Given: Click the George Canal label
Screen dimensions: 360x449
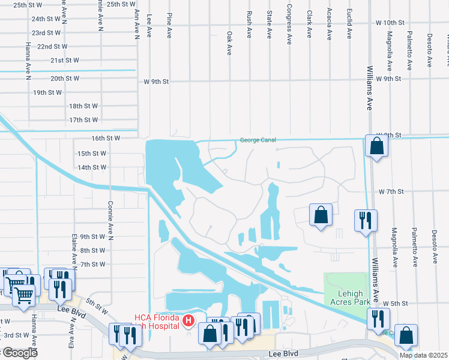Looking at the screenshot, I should pyautogui.click(x=258, y=140).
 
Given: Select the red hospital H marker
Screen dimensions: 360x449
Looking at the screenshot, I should pyautogui.click(x=188, y=322).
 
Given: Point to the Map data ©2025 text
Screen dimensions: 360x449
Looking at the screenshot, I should pyautogui.click(x=423, y=355).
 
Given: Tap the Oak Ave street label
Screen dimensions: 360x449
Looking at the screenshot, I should pyautogui.click(x=229, y=43).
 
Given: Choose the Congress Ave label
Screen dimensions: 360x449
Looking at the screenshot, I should pyautogui.click(x=289, y=25).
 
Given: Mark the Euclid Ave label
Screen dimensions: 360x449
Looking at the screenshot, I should pyautogui.click(x=350, y=23).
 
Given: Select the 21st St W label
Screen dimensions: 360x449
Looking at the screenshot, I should pyautogui.click(x=65, y=61).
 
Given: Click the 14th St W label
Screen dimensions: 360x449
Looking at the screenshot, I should pyautogui.click(x=92, y=167).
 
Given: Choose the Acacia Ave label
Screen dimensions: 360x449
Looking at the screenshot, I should pyautogui.click(x=329, y=25).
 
